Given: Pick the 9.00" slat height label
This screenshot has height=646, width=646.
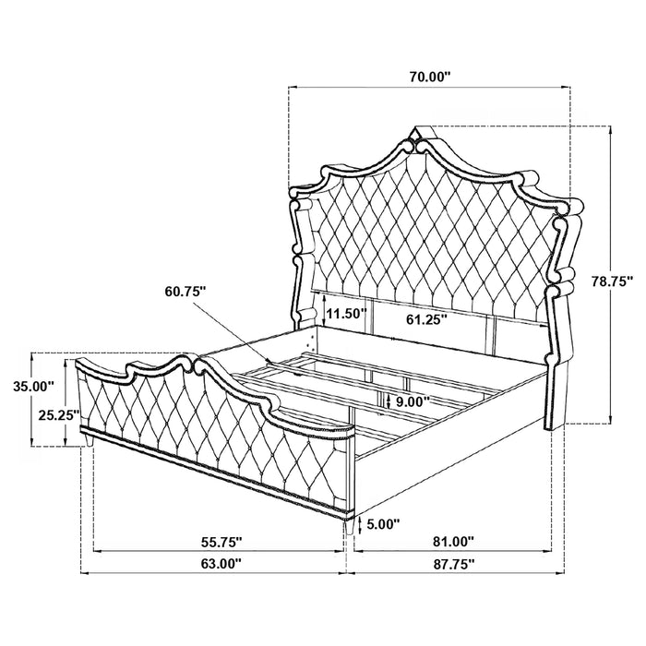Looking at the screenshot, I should click(412, 403).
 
